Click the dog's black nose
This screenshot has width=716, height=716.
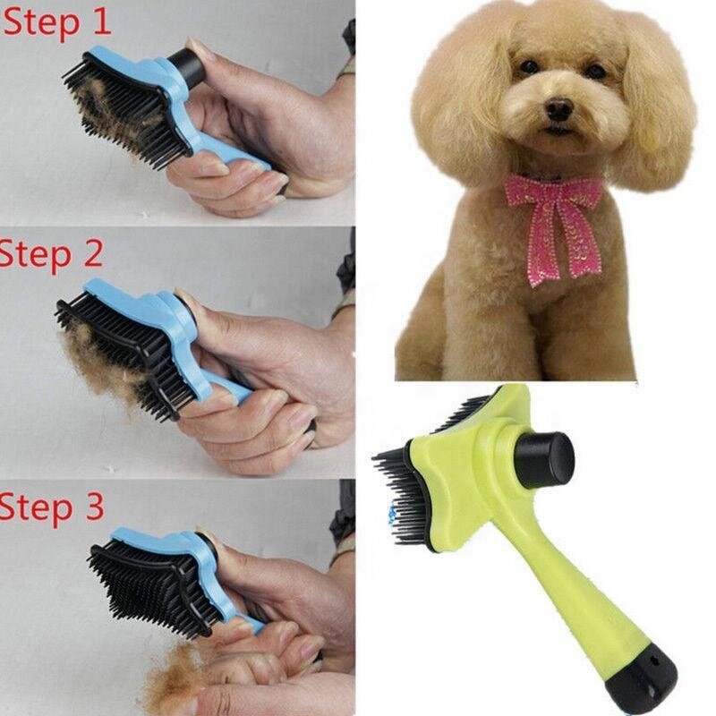click(x=558, y=109)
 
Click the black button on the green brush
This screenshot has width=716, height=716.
click(x=545, y=459)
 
